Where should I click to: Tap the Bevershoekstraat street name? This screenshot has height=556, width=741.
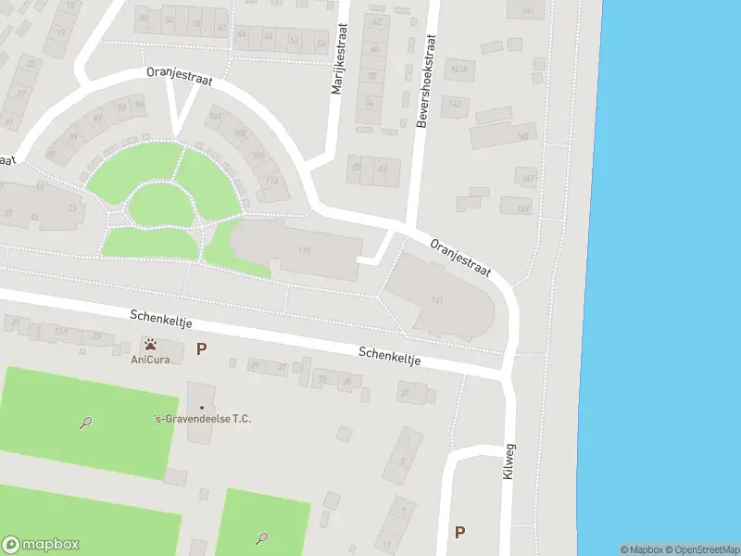click(426, 82)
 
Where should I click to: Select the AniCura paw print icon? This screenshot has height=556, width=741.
click(150, 345)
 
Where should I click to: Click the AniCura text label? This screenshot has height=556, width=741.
click(149, 360)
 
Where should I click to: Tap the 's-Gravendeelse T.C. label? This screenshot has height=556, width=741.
click(202, 419)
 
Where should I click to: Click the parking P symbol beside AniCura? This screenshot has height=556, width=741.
click(202, 349)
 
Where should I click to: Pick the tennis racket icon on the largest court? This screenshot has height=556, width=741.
click(85, 423)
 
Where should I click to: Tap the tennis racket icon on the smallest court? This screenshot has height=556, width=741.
click(263, 537)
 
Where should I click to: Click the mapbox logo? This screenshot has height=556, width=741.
click(41, 545)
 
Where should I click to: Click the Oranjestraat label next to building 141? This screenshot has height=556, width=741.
click(460, 259)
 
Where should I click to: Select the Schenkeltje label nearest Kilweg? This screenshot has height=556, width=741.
click(390, 356)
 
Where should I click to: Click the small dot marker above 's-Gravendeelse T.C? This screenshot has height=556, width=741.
click(202, 407)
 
